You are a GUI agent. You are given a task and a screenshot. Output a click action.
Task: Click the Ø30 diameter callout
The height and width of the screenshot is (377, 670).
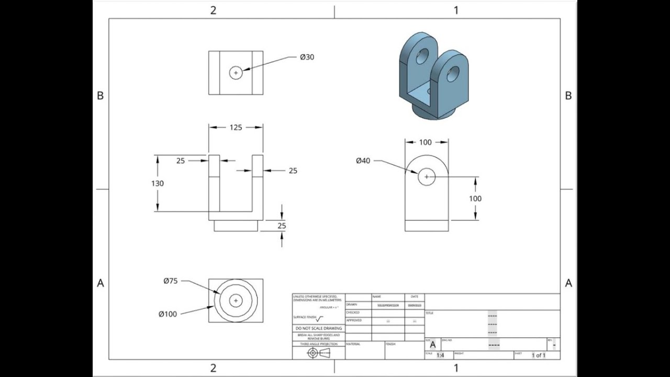click(307, 57)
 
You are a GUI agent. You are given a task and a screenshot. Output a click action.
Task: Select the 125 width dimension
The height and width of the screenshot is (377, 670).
click(236, 127)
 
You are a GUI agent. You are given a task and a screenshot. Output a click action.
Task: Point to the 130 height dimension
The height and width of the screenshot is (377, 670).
click(158, 183)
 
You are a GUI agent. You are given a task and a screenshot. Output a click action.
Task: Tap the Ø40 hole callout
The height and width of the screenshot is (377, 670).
click(363, 161)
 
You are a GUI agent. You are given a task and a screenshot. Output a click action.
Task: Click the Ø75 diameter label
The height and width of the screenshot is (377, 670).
click(170, 281)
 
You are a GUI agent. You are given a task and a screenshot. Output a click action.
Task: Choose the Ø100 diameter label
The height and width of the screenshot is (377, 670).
click(167, 314)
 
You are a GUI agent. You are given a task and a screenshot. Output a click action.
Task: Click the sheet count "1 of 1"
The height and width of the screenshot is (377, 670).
click(538, 356)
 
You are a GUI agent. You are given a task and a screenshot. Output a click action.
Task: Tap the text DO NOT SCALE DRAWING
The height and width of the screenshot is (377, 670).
click(318, 328)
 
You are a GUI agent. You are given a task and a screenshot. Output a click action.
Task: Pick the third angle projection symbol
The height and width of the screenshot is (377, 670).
click(319, 353)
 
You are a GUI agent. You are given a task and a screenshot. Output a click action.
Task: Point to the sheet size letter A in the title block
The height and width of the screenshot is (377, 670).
click(432, 345)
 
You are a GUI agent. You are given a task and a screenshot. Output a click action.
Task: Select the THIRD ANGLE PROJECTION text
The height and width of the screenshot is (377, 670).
click(318, 344)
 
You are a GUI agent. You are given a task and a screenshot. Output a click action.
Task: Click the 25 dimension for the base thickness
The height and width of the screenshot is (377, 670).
click(282, 226)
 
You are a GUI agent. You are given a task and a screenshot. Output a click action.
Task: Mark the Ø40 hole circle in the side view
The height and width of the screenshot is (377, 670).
click(427, 177)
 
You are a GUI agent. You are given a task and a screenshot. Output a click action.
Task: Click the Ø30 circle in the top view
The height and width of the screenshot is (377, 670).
click(236, 73)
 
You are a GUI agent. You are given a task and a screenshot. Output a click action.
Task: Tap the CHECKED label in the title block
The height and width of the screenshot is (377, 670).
click(353, 313)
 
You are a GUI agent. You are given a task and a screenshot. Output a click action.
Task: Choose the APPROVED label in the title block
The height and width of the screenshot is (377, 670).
click(354, 320)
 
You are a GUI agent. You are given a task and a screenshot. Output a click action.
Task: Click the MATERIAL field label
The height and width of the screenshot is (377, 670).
click(353, 345)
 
